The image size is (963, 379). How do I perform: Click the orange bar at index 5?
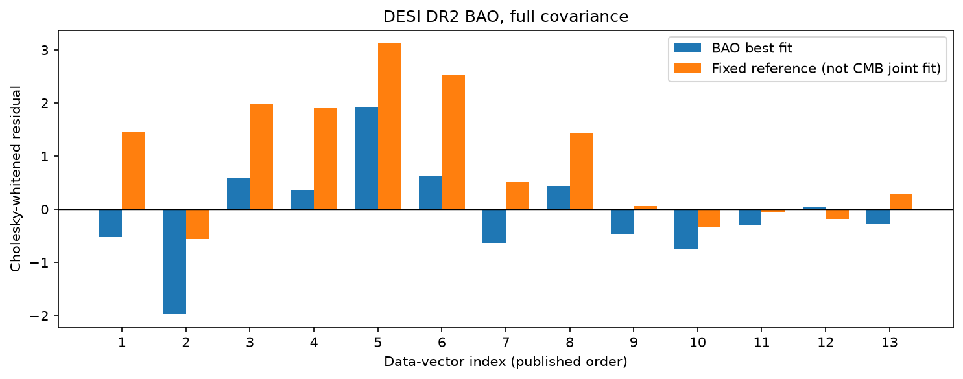point(389,126)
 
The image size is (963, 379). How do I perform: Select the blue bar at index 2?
point(174,261)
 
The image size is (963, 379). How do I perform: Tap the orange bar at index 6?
point(453,143)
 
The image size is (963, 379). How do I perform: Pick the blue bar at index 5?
point(366,158)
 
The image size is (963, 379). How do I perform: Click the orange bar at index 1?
point(134,170)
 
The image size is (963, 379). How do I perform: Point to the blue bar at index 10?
point(685,229)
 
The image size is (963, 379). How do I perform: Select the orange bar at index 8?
point(581,171)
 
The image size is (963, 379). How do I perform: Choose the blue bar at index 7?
point(494,226)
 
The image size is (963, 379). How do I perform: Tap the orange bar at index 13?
point(901,202)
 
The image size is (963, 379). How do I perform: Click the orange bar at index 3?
point(261,156)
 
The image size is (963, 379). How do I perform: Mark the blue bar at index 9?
point(622,222)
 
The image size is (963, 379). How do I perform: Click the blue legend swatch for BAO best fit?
point(687,48)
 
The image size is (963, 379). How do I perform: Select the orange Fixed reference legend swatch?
point(687,68)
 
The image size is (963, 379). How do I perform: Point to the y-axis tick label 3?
point(44,51)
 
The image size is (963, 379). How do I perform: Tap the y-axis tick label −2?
point(39,316)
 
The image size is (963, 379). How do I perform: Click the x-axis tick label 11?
point(761,343)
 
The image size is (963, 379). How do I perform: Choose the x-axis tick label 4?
point(314,343)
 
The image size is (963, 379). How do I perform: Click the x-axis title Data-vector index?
point(445,362)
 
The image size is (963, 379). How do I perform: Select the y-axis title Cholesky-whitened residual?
point(16,179)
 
